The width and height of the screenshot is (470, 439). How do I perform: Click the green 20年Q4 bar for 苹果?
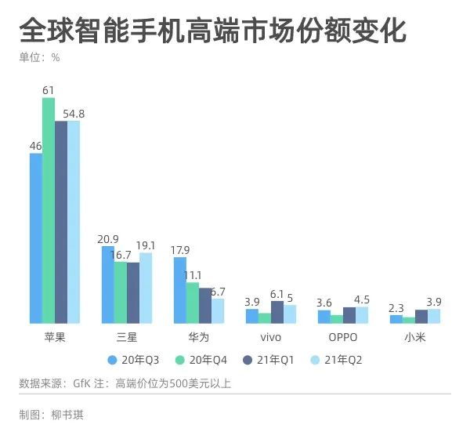49,210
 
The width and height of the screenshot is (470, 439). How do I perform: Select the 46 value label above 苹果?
36,146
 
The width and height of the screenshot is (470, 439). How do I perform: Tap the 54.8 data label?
74,114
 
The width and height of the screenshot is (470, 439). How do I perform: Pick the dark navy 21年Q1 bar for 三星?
133,293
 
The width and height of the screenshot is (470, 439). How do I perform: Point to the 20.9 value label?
108,239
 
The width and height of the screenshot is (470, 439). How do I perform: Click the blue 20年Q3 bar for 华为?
180,290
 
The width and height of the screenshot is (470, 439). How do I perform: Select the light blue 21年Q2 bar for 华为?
218,311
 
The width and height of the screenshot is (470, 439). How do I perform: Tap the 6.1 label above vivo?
277,295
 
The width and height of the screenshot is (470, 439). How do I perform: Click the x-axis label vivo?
271,337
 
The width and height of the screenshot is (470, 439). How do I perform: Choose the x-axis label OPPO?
343,337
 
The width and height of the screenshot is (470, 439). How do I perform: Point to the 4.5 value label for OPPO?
362,299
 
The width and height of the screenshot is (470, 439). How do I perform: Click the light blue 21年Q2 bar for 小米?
434,316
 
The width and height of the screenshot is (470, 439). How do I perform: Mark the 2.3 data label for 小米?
396,308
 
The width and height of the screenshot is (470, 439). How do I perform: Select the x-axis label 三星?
126,337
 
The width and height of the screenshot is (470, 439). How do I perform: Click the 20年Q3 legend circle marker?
112,360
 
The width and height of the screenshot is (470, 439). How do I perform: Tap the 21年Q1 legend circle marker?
248,360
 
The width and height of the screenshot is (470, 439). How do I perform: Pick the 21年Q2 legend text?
343,360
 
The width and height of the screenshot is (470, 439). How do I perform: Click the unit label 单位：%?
40,57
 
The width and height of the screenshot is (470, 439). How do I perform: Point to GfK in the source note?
81,383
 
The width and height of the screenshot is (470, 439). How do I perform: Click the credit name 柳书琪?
67,415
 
